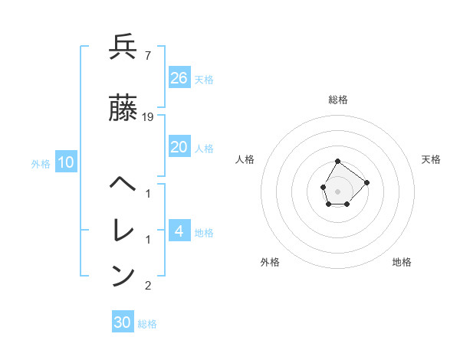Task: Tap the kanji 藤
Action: (x=123, y=108)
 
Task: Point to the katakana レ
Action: (x=123, y=230)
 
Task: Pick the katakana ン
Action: (x=123, y=275)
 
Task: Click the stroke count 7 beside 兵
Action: (x=147, y=56)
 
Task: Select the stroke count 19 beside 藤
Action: (x=149, y=117)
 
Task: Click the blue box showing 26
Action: (x=179, y=77)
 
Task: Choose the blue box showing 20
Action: (x=179, y=147)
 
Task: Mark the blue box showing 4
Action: (x=179, y=231)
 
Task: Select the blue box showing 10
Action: (x=66, y=162)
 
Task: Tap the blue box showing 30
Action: (x=123, y=322)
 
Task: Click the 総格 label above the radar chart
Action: (x=338, y=100)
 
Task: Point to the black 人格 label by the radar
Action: (x=245, y=159)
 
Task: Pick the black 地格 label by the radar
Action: (x=402, y=262)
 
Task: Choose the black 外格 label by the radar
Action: (x=270, y=262)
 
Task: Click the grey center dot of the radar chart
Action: (x=337, y=190)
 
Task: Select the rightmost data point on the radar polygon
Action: (x=366, y=182)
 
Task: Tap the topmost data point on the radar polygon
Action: (x=337, y=161)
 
